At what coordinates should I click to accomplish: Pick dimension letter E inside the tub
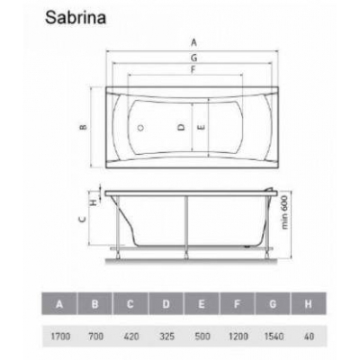(202, 127)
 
